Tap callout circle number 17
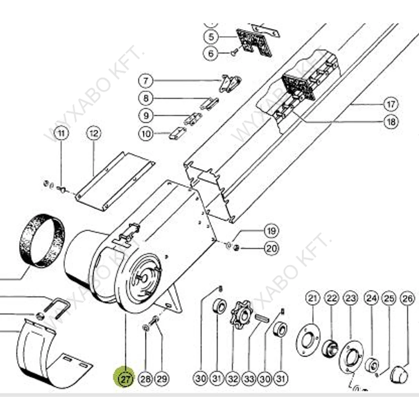(x=391, y=104)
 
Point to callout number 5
(x=211, y=37)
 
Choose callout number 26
(x=407, y=299)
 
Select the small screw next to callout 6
(x=235, y=52)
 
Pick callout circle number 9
(x=146, y=116)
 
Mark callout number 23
(x=350, y=299)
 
